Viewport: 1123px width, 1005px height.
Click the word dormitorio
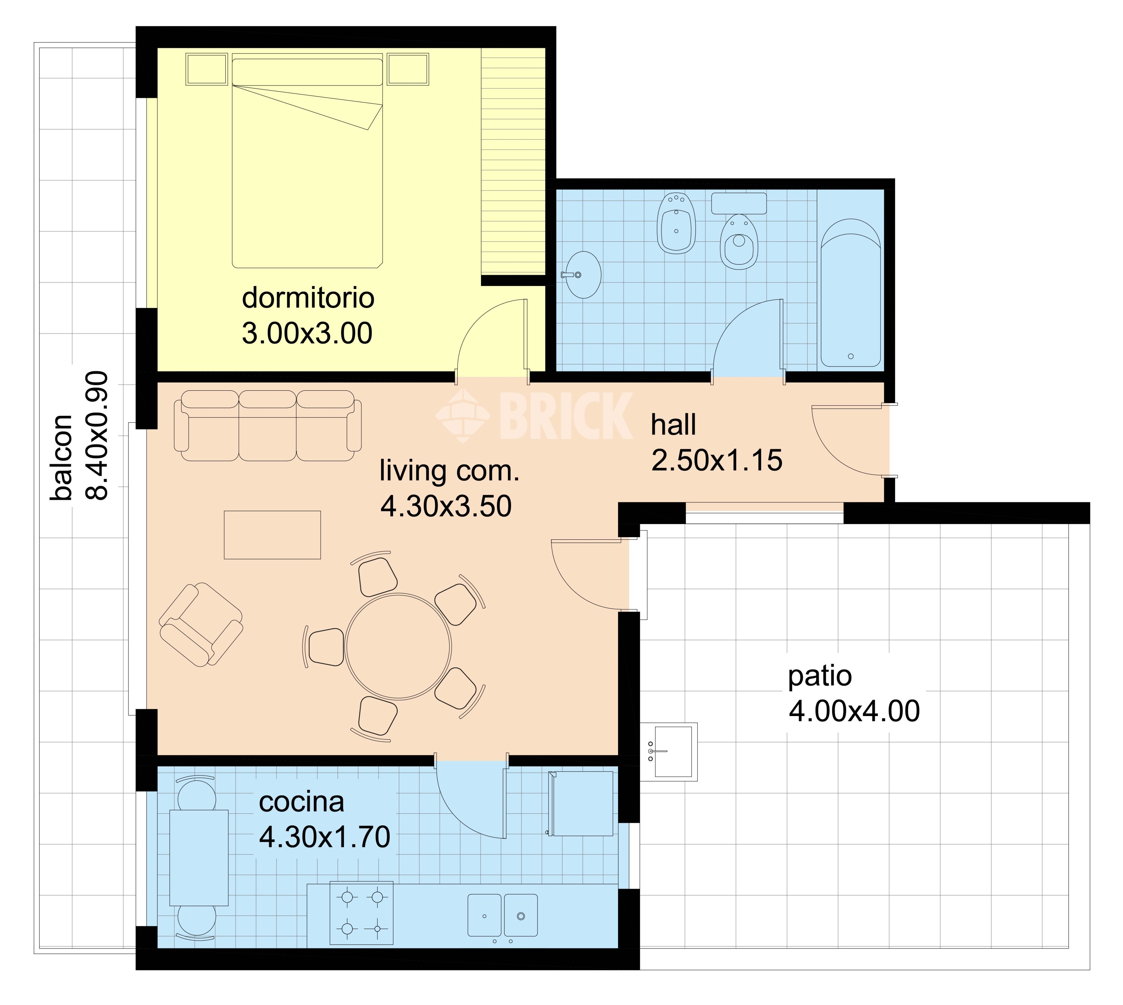308,298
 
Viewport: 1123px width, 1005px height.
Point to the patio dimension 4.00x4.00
853,711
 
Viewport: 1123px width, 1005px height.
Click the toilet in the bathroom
739,242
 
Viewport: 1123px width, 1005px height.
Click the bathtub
850,293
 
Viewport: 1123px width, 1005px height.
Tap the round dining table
398,646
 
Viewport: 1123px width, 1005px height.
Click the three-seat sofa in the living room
268,425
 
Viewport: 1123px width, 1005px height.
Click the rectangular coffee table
272,535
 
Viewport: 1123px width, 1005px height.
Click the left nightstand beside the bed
207,69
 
